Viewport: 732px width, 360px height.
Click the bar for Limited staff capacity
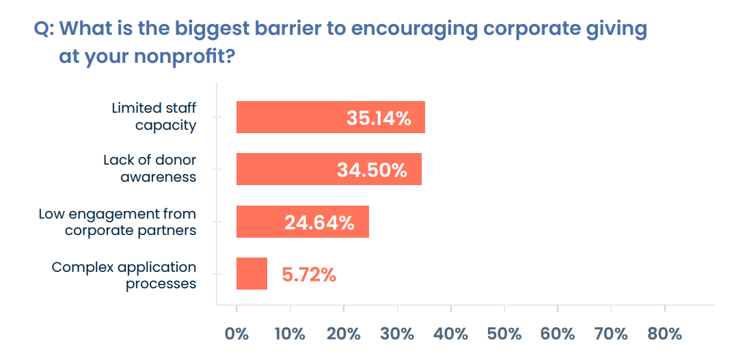point(287,117)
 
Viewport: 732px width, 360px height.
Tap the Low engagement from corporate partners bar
point(260,221)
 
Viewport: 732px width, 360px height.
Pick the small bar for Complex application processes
point(252,274)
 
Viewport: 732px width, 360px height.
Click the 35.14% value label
point(379,118)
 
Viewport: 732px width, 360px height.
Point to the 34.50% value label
point(372,170)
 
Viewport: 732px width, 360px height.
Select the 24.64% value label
point(319,222)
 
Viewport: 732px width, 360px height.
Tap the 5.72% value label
point(309,275)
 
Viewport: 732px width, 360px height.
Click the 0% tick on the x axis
point(236,334)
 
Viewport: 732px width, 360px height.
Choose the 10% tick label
point(290,334)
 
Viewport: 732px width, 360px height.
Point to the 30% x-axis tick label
point(397,334)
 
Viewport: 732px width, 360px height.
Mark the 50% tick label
point(504,334)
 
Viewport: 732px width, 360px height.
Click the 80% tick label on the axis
point(664,334)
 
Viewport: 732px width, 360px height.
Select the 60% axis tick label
point(558,334)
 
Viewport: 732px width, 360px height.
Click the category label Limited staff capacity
point(154,117)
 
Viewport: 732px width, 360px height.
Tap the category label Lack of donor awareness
point(150,169)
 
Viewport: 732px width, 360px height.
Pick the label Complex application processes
point(124,275)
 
